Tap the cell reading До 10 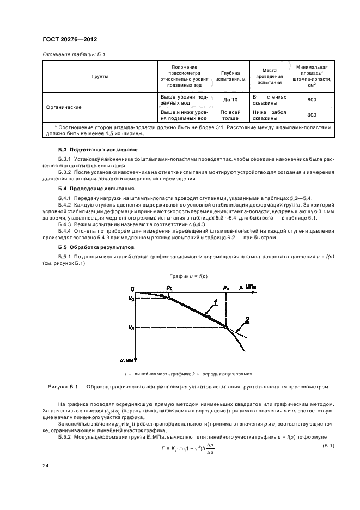coord(230,100)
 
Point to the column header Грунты coord(100,76)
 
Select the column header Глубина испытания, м coord(230,76)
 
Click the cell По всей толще coord(230,115)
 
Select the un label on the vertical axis coord(131,327)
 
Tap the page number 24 coord(45,466)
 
